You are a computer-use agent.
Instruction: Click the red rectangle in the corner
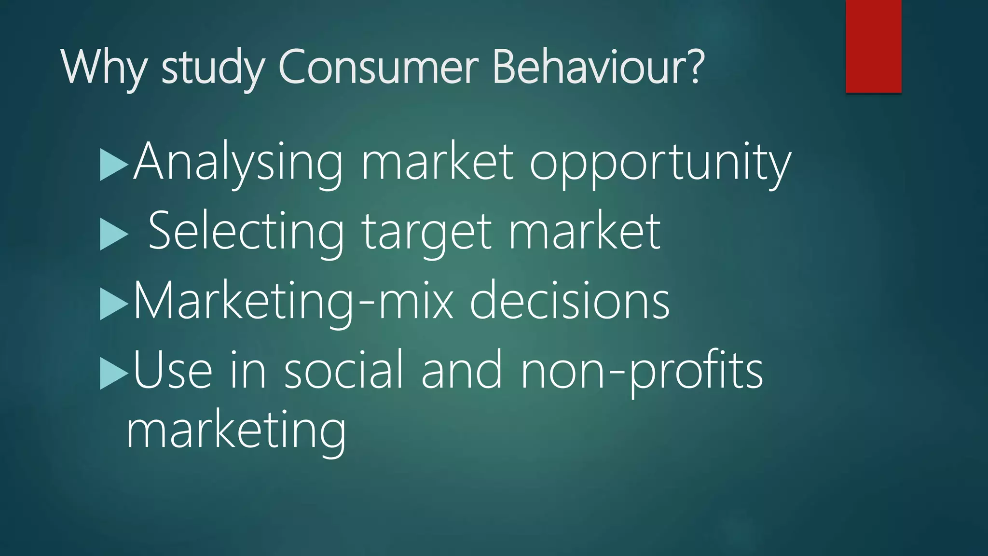(873, 46)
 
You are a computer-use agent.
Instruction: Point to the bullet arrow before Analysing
(113, 165)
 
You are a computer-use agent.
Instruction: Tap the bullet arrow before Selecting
(113, 235)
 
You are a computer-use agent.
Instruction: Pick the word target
(427, 233)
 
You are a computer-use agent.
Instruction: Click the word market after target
(584, 232)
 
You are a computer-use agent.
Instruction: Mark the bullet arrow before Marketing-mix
(113, 304)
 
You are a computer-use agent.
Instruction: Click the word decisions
(569, 301)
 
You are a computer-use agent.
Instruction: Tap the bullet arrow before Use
(113, 374)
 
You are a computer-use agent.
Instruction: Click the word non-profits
(642, 371)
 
